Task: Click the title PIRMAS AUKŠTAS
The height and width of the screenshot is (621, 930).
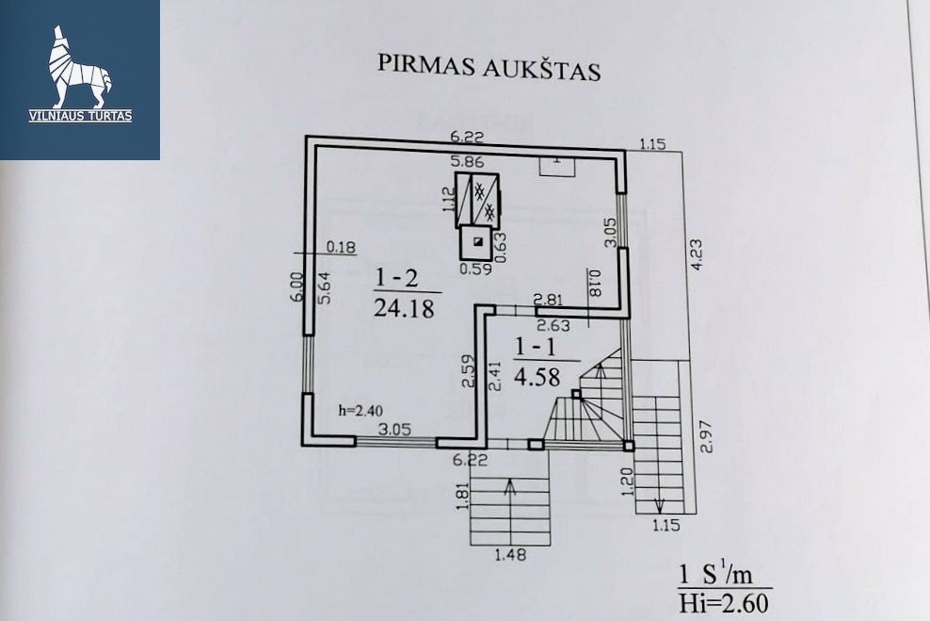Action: (x=489, y=66)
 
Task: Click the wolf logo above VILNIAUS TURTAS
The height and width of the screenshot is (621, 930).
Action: (x=80, y=67)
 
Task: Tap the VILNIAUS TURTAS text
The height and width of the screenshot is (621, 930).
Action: (x=80, y=116)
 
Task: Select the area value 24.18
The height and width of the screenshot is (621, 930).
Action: (x=404, y=307)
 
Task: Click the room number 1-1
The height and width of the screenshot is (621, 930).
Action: (x=536, y=347)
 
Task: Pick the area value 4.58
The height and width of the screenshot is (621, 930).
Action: (x=537, y=376)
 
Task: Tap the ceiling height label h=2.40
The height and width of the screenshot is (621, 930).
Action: (x=361, y=410)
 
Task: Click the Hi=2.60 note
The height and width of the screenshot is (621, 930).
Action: (x=724, y=603)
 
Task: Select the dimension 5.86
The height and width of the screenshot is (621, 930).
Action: (x=468, y=161)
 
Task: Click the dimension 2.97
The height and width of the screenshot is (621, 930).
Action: (x=705, y=436)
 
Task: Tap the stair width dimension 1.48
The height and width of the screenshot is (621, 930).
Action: (x=509, y=555)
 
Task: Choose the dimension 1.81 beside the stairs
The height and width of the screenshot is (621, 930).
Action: (x=463, y=495)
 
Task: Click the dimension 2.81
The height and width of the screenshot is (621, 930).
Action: (x=548, y=301)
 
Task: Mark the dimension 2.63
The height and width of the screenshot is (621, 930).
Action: (x=553, y=325)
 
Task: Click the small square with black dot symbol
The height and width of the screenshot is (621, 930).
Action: (x=476, y=243)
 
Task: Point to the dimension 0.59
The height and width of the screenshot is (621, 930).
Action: (x=475, y=269)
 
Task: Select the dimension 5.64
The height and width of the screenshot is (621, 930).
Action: (x=325, y=287)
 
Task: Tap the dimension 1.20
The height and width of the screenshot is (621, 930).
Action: (x=630, y=481)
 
